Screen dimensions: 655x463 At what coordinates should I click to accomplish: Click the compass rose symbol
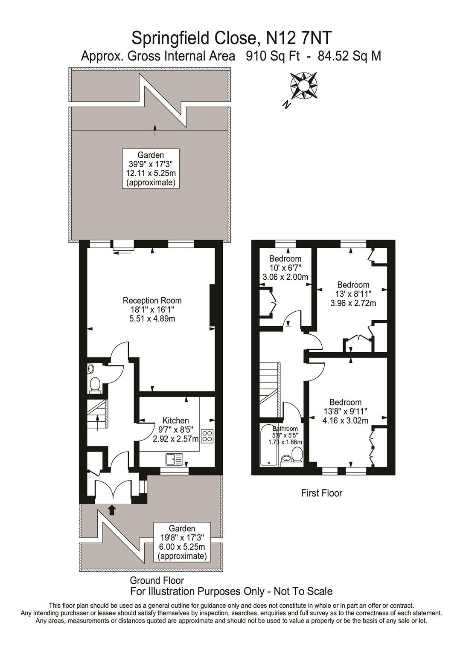[303, 85]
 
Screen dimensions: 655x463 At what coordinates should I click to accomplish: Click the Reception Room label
[152, 309]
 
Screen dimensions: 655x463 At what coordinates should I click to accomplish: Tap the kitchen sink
[174, 459]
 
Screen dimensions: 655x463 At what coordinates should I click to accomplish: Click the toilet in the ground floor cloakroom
[94, 384]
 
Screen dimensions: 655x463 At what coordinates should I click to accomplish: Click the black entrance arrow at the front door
[112, 509]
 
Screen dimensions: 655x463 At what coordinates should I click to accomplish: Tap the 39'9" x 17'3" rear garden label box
[150, 169]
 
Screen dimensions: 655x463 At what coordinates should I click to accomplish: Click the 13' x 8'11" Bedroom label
[353, 294]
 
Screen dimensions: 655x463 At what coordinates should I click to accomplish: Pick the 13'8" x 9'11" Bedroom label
[345, 411]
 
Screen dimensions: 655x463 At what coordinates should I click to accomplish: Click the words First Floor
[321, 493]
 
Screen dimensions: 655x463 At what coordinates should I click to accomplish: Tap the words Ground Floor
[157, 580]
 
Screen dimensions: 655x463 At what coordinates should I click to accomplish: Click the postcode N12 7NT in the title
[298, 38]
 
